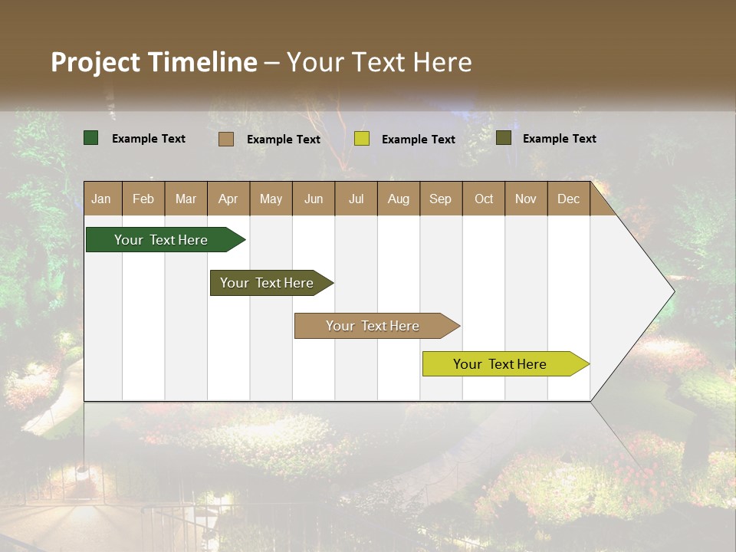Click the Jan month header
[101, 199]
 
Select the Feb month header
[143, 199]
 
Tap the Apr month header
[228, 199]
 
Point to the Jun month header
[314, 199]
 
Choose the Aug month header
[399, 199]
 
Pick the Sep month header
[441, 199]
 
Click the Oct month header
[484, 199]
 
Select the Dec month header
[569, 199]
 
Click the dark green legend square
[91, 138]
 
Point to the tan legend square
[226, 139]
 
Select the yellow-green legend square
[362, 139]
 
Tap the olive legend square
[504, 138]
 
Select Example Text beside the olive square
[559, 138]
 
